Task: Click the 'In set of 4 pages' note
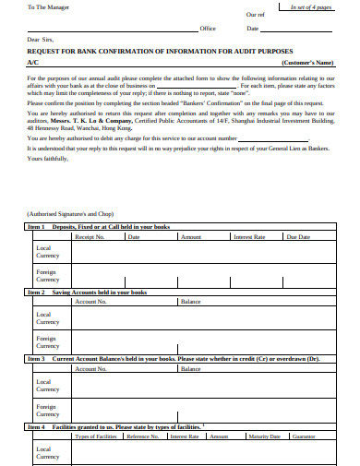317,6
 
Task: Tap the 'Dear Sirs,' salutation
42,41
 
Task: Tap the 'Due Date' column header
298,237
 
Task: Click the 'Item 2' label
37,292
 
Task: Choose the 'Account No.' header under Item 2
90,302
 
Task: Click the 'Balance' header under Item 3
191,368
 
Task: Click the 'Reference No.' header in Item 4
143,436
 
